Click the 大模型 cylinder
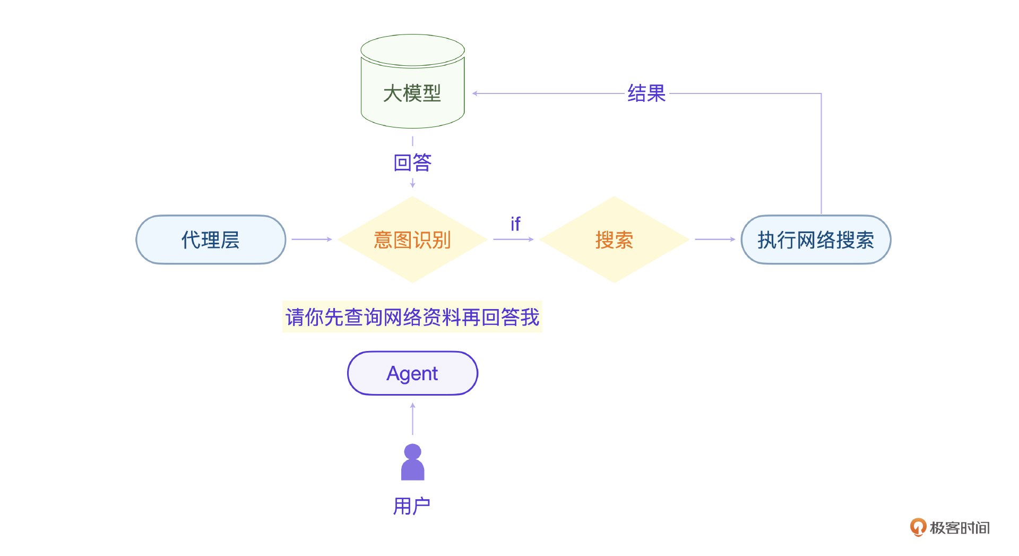[x=412, y=85]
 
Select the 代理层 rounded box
[x=211, y=239]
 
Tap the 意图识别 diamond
[x=412, y=239]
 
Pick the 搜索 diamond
[x=614, y=239]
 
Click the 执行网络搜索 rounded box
[x=816, y=239]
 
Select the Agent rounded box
[x=412, y=373]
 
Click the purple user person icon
[x=412, y=462]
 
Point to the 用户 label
[x=412, y=506]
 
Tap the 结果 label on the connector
[x=646, y=93]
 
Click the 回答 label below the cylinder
[x=412, y=162]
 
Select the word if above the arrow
[x=515, y=224]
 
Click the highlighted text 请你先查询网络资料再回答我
[x=412, y=317]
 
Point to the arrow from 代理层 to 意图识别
[x=312, y=239]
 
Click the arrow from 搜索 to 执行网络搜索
[x=715, y=239]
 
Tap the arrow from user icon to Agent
[x=412, y=419]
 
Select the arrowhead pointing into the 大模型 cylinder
[x=475, y=93]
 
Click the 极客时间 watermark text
[x=960, y=528]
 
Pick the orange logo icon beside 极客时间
[x=918, y=527]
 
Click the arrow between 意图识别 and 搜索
[x=513, y=239]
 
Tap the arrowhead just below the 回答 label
[x=412, y=184]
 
